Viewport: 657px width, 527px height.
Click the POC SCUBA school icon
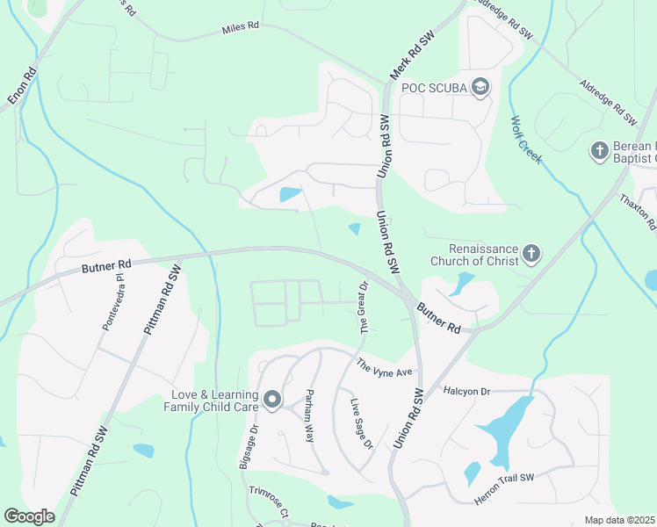[480, 87]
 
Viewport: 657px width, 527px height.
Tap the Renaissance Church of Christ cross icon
[531, 255]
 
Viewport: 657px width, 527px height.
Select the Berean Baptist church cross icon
[600, 151]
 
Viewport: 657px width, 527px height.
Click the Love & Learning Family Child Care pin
[272, 401]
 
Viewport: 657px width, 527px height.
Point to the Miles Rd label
[241, 27]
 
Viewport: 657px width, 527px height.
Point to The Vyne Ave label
[384, 368]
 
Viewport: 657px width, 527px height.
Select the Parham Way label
[309, 415]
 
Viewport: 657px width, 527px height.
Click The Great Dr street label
[363, 307]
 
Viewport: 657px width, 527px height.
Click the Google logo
[29, 516]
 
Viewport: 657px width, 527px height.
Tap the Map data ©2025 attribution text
[618, 521]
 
